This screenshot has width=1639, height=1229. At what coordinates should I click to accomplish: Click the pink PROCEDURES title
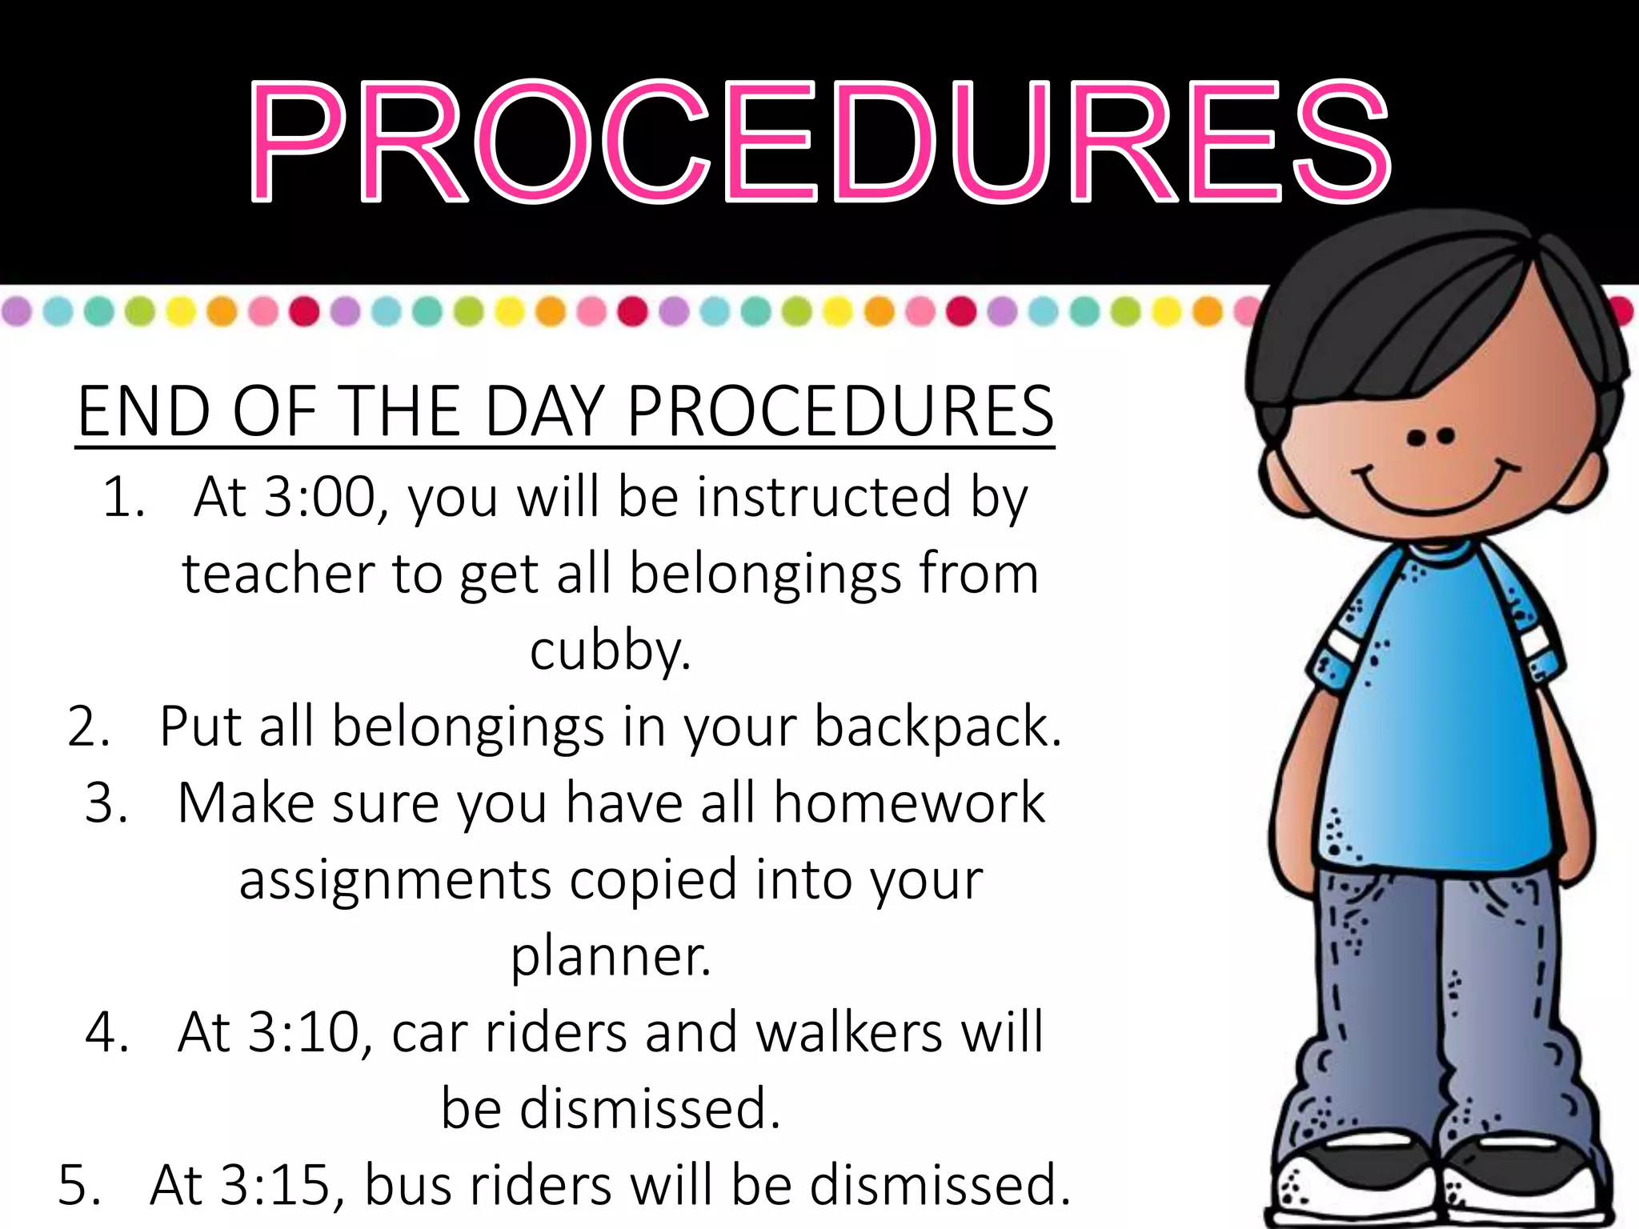819,142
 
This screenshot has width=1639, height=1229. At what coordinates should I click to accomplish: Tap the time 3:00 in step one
319,498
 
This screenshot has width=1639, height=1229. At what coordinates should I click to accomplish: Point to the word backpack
937,727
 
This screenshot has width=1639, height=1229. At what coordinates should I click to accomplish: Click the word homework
909,803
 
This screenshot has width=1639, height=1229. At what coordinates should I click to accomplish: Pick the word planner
611,956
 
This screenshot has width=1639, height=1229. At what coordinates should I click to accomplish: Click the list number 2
88,727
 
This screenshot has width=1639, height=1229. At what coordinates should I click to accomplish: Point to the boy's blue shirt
1433,720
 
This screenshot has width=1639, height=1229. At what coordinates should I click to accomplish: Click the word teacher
278,574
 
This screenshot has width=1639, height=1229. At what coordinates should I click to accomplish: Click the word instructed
824,498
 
